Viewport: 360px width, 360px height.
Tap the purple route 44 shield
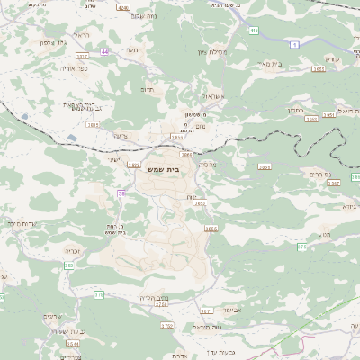coord(105,52)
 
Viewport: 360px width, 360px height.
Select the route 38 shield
coord(121,193)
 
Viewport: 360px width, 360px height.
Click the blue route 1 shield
coord(294,43)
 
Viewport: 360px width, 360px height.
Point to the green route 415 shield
coord(254,31)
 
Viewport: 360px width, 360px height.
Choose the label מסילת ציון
coord(212,51)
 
